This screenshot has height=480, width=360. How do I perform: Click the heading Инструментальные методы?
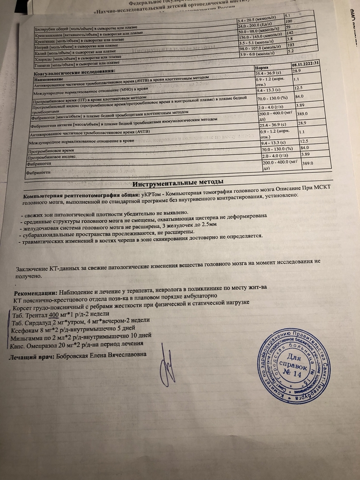[177, 183]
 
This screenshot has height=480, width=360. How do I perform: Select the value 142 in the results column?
[289, 31]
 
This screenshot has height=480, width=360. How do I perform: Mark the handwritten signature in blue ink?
[167, 367]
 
